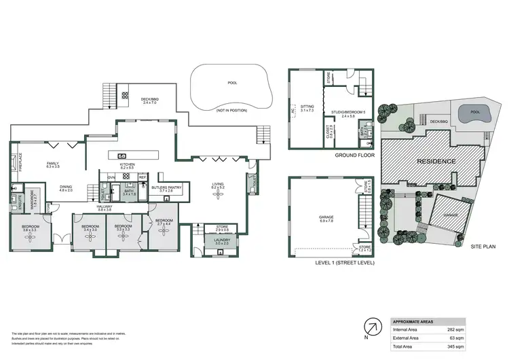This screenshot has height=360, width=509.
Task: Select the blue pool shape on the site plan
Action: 470,114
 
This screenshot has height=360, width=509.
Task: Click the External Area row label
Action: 406,338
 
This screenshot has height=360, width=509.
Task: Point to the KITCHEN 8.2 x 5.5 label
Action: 128,166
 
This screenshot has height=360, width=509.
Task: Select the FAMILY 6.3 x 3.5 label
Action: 52,165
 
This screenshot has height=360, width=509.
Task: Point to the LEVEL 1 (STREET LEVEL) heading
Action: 346,262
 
